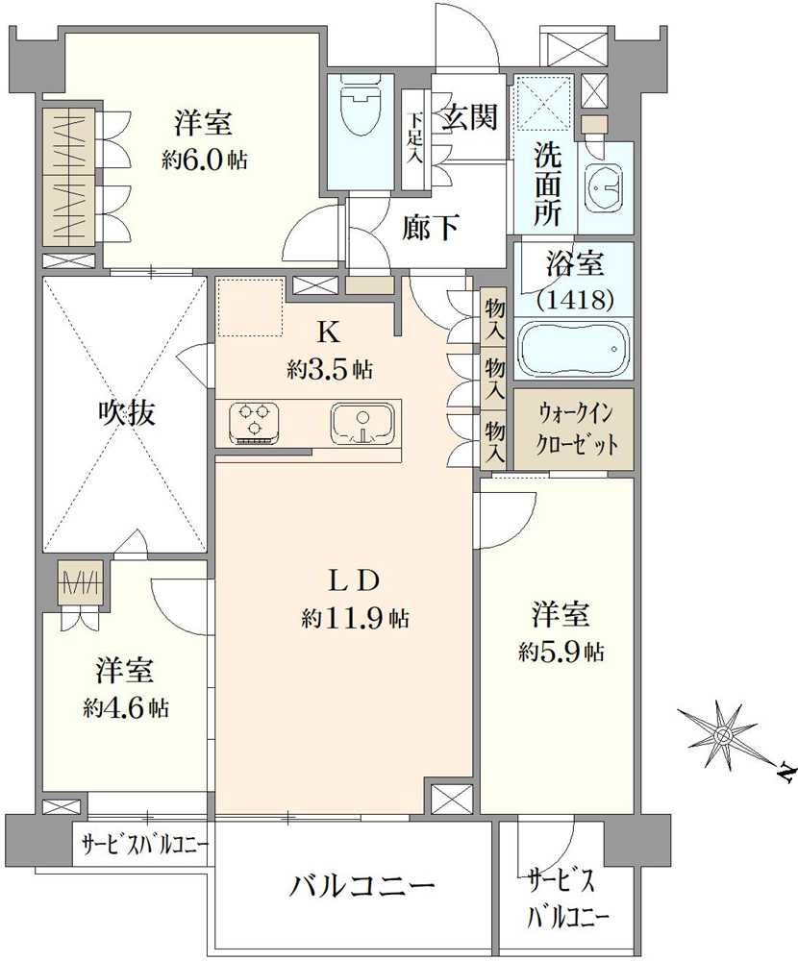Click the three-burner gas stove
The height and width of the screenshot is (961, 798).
tap(254, 422)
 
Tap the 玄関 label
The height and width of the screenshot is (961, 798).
tap(470, 116)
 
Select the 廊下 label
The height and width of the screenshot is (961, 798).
tap(430, 228)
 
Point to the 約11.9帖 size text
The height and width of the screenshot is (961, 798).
tap(356, 619)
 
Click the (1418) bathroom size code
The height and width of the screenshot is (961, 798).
tap(575, 299)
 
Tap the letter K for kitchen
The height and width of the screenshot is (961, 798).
tap(328, 333)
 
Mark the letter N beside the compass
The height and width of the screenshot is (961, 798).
tap(785, 774)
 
